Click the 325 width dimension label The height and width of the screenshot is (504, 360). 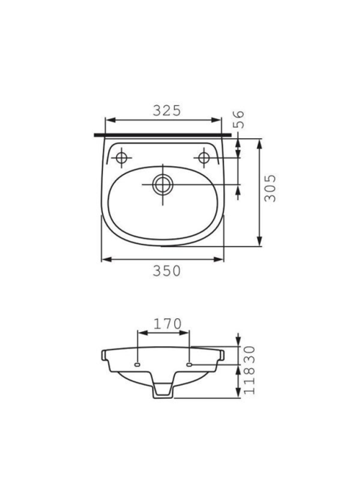point(167,111)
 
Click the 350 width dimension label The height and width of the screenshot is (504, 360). point(166,271)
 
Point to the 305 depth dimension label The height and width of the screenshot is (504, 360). point(270,188)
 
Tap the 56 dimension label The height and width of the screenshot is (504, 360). point(239,120)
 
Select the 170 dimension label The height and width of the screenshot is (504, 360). point(167,324)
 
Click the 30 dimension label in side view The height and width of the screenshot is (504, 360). point(249,355)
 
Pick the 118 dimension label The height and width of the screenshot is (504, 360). point(249,380)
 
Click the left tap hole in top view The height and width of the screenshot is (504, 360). point(121,158)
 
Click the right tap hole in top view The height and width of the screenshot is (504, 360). point(204,158)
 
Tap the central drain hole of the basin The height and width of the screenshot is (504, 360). point(163,184)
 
